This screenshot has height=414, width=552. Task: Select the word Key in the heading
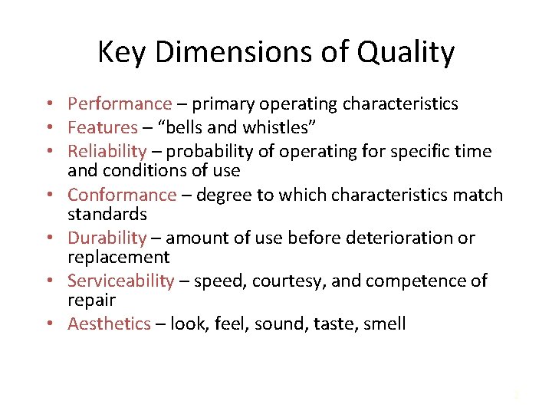[x=122, y=53]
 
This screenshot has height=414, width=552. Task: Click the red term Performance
[x=120, y=104]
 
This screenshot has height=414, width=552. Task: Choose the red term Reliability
[x=107, y=151]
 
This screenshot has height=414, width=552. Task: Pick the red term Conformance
[x=122, y=195]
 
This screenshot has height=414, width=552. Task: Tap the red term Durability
[x=107, y=238]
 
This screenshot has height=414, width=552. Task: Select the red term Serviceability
[x=121, y=281]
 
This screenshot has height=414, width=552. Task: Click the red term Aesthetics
[x=109, y=324]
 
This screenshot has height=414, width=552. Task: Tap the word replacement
[x=118, y=256]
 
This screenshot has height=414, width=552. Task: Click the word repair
[x=91, y=299]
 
